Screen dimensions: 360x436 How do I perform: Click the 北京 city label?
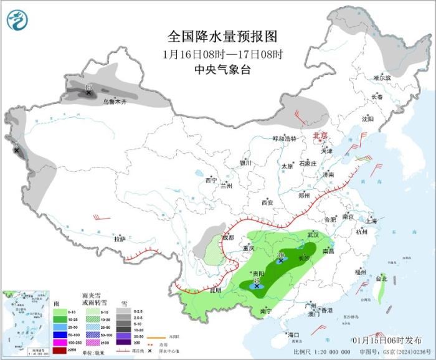tap(319, 135)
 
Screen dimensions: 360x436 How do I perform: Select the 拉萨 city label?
tap(120, 239)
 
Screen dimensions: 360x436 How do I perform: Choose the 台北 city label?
tap(381, 278)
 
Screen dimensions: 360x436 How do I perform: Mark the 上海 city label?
tap(372, 220)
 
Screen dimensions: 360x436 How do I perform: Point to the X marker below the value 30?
tap(282, 261)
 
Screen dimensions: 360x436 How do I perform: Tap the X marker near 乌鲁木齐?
tap(88, 93)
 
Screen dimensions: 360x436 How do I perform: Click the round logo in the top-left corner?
tap(17, 20)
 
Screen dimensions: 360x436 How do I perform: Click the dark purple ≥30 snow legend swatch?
tap(124, 342)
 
